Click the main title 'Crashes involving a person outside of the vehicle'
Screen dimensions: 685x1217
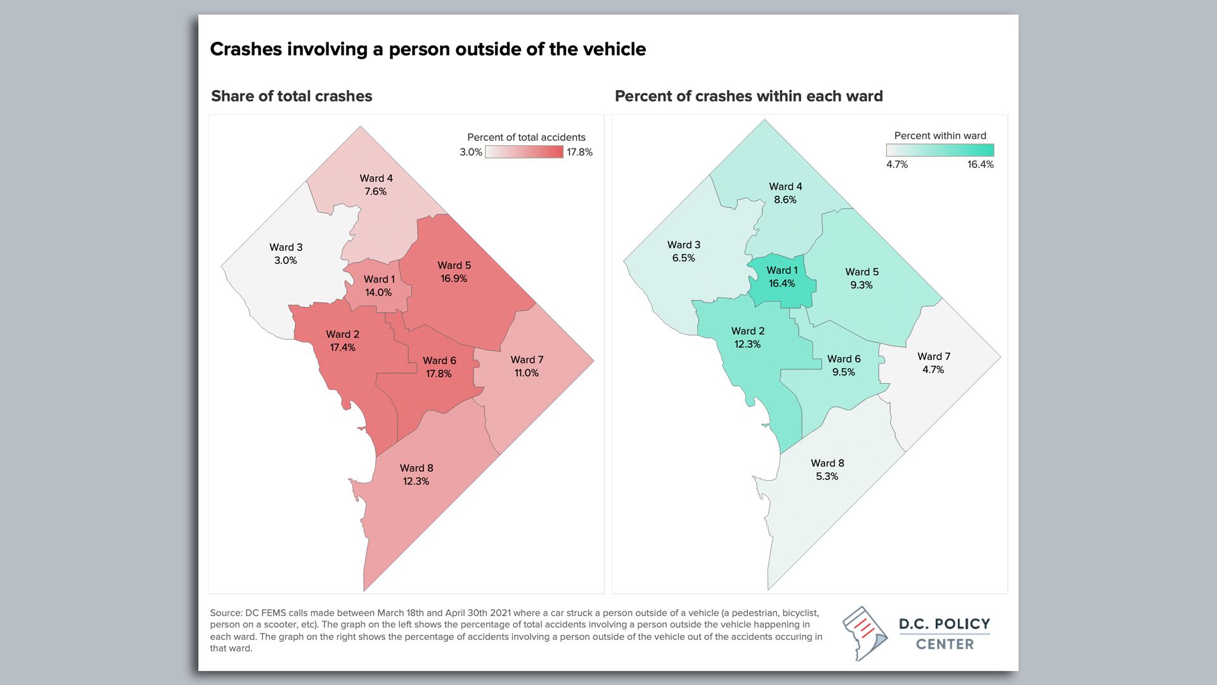coord(428,49)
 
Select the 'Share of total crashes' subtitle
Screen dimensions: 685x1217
coord(292,96)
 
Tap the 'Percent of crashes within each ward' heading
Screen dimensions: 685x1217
coord(749,96)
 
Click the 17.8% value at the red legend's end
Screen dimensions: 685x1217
coord(579,152)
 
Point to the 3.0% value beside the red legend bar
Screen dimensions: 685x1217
coord(471,152)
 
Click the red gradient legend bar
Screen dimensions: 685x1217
coord(524,152)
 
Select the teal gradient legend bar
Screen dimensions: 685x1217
coord(940,150)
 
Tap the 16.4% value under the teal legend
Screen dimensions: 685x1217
coord(980,164)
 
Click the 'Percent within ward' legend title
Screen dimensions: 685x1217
coord(940,136)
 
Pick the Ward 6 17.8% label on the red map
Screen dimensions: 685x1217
coord(439,367)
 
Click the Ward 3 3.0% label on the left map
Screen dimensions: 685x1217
coord(286,254)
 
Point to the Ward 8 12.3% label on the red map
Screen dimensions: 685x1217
coord(416,474)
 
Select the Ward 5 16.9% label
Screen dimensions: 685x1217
coord(454,272)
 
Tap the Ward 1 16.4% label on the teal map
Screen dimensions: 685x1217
coord(782,277)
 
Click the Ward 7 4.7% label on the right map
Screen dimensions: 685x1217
coord(934,363)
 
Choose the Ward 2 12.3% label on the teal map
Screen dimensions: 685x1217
coord(748,337)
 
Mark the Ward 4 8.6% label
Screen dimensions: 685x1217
coord(785,193)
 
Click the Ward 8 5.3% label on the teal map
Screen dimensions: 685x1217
coord(827,469)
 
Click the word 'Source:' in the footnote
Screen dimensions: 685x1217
coord(226,613)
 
